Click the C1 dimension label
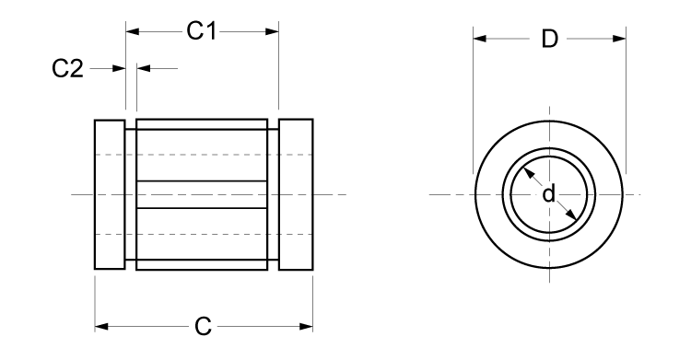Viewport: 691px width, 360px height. [x=201, y=31]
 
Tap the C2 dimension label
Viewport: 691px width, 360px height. [x=67, y=69]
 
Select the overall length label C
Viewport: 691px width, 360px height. [x=204, y=326]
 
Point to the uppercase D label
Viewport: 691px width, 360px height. [x=550, y=40]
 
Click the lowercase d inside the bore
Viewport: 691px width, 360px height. [x=549, y=193]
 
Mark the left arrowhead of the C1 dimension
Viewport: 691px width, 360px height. [x=131, y=31]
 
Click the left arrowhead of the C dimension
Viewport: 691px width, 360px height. [x=101, y=326]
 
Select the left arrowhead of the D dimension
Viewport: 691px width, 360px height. [x=479, y=40]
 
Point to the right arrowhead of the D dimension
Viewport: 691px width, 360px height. [x=620, y=40]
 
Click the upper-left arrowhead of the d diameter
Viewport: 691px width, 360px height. [x=526, y=172]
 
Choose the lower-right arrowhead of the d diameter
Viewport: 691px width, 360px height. [x=573, y=216]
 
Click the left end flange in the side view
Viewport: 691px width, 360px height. [x=110, y=194]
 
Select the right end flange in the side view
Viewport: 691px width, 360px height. [x=296, y=194]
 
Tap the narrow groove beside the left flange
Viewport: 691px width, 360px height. [x=130, y=194]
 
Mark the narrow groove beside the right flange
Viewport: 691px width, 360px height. [x=274, y=194]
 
